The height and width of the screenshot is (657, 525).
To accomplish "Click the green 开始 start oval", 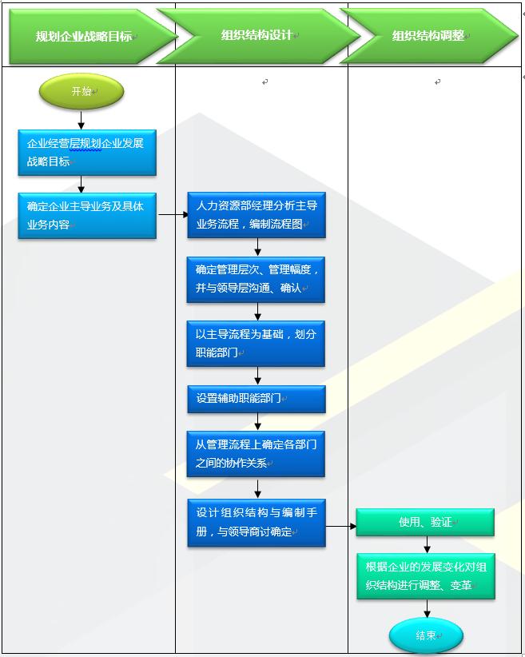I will click(x=82, y=91).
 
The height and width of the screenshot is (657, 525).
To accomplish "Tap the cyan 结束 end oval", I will click(x=426, y=636).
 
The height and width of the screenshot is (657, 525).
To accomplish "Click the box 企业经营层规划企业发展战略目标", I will click(x=87, y=153).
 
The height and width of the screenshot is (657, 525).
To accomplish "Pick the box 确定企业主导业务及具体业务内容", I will click(x=87, y=216).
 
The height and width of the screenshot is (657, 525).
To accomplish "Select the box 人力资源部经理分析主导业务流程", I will click(x=257, y=215).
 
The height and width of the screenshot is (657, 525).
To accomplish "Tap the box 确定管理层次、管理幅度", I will click(x=256, y=279).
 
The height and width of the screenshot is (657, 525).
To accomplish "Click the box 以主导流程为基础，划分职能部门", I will click(x=256, y=343).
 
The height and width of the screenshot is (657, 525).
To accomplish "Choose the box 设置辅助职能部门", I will click(x=256, y=399).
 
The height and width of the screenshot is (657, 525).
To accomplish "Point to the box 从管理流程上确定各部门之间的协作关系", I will click(x=256, y=454).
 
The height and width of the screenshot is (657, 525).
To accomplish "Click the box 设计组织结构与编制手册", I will click(x=257, y=523).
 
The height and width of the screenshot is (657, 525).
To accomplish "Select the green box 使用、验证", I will click(x=425, y=522).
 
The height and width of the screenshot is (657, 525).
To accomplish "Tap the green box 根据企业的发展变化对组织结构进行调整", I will click(x=426, y=576).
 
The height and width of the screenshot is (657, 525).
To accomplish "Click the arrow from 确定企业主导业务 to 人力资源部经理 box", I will click(x=172, y=214).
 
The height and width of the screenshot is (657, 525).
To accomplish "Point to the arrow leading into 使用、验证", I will click(x=340, y=526).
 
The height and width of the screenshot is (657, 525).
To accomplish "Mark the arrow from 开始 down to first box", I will click(x=82, y=119).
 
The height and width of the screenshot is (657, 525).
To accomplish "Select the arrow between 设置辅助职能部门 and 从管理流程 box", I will click(x=257, y=422).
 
